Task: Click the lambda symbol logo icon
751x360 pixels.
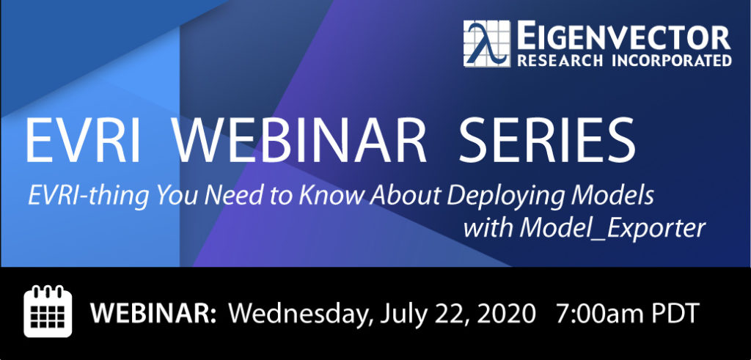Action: (x=487, y=43)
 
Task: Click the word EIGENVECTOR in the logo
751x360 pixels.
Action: (x=623, y=37)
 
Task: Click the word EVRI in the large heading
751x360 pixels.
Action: (x=82, y=142)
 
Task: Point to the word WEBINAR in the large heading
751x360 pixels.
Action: (x=299, y=142)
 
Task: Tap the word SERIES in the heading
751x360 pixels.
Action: (x=546, y=142)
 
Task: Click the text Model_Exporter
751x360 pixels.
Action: (x=612, y=229)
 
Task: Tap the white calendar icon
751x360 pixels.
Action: (x=48, y=311)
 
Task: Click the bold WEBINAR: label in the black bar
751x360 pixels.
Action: (x=153, y=314)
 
